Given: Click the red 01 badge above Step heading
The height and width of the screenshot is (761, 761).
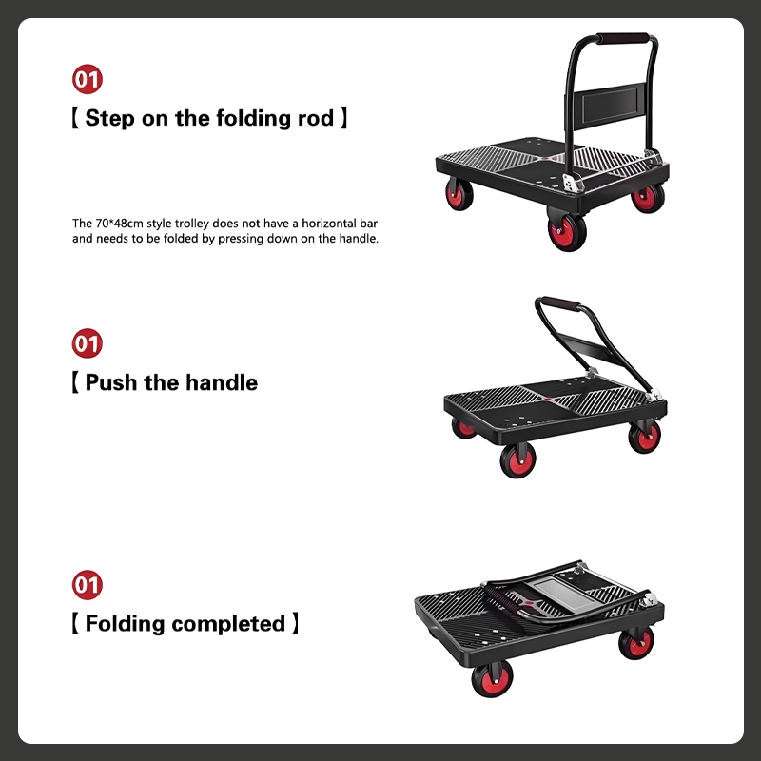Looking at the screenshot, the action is click(x=88, y=79).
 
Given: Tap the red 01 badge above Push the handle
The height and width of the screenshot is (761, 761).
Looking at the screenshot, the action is click(x=88, y=343).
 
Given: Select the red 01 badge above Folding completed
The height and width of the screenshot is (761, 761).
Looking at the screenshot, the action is click(x=88, y=584).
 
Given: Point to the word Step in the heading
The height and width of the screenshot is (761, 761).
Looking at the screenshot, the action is click(x=109, y=118).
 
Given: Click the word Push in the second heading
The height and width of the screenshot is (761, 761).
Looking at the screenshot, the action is click(x=110, y=382).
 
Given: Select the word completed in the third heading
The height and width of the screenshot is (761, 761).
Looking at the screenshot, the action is click(x=228, y=624).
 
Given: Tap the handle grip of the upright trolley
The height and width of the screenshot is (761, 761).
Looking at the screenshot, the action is click(x=622, y=38).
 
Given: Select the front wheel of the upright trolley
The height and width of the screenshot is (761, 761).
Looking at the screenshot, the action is click(x=567, y=232).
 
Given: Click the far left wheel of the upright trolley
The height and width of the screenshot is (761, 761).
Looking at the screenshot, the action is click(x=459, y=194).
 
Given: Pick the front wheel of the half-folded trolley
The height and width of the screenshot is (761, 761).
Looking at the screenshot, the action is click(x=517, y=459).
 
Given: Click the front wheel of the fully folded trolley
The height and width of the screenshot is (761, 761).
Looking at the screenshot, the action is click(x=492, y=678).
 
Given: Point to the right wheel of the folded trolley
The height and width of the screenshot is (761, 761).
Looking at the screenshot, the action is click(x=636, y=643).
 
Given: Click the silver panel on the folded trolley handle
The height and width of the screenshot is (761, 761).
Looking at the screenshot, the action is click(x=565, y=595).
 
